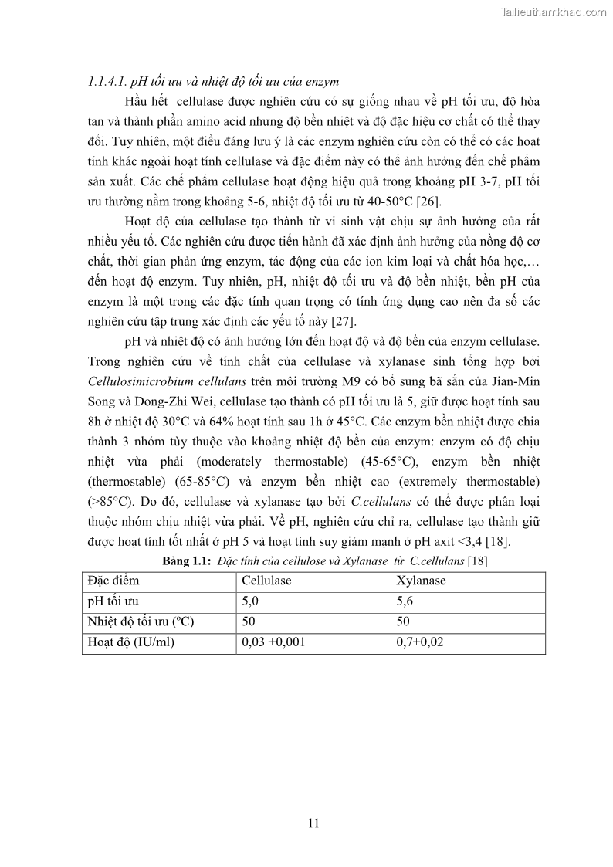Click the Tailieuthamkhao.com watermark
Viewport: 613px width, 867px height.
point(554,12)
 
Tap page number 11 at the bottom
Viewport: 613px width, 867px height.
point(313,823)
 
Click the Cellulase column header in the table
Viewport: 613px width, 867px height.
point(266,581)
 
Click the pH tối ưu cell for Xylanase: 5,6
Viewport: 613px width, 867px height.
point(405,601)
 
